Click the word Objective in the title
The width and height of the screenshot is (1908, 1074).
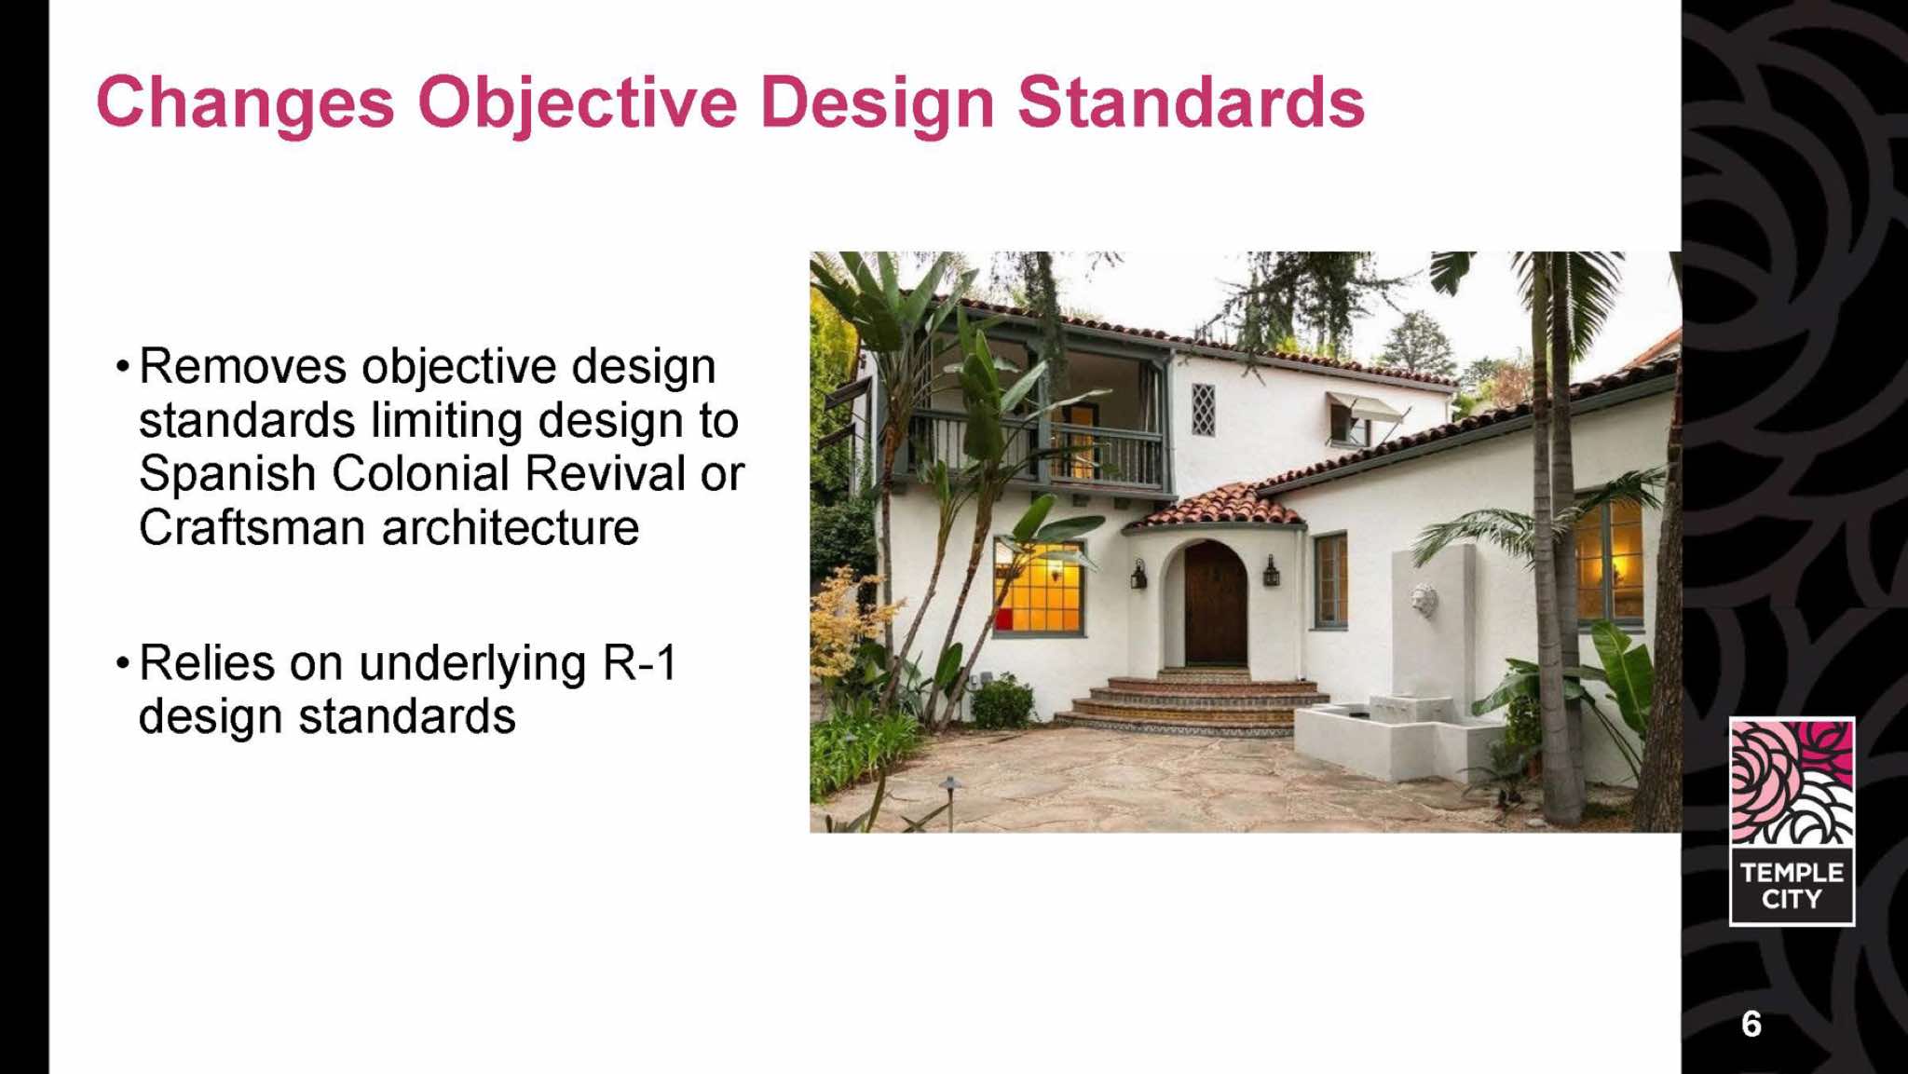[578, 103]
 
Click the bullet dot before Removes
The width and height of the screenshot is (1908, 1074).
[122, 366]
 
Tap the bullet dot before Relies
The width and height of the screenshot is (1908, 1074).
[122, 663]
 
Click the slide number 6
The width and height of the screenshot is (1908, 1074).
[1751, 1024]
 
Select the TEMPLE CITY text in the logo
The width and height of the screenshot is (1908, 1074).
[1792, 886]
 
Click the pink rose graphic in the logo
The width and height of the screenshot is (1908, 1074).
[1792, 782]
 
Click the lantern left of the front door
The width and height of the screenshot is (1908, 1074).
[1138, 574]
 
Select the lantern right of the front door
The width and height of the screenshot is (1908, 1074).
[1271, 570]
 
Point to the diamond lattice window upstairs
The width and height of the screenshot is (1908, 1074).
[1204, 410]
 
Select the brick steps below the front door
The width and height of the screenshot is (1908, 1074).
[1197, 703]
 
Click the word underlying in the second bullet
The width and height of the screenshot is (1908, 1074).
[472, 665]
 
